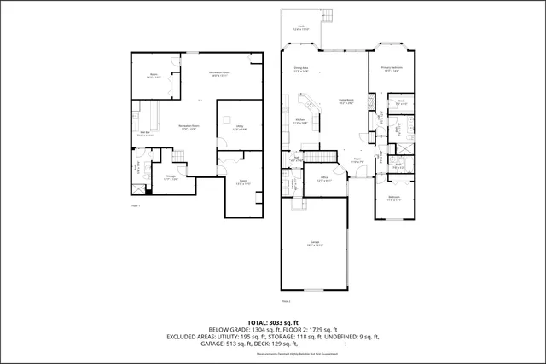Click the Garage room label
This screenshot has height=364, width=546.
coord(315,244)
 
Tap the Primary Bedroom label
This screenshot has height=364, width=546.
coord(392,69)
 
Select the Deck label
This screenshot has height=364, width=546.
coord(301,28)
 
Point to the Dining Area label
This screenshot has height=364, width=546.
coord(300,69)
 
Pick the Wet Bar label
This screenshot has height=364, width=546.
coord(146,134)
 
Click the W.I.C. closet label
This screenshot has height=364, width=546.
coord(401,102)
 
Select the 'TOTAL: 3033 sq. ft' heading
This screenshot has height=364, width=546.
coord(273,322)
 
